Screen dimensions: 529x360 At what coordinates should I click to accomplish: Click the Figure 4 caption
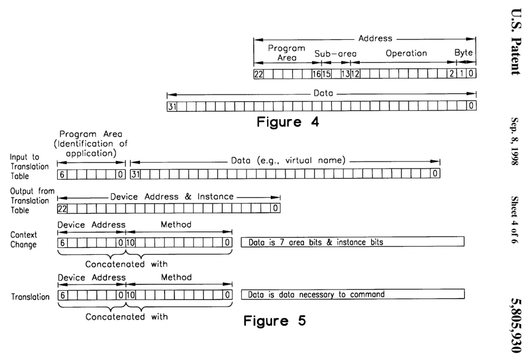[288, 122]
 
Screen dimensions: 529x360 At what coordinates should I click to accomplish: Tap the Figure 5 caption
[275, 320]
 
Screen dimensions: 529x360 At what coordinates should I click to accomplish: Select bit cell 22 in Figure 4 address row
[259, 74]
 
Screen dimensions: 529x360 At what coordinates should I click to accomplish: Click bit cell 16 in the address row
[316, 74]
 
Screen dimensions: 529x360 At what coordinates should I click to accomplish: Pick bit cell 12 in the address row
[355, 74]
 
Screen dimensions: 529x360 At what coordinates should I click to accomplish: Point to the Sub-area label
[335, 53]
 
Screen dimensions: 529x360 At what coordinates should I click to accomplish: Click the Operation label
[406, 53]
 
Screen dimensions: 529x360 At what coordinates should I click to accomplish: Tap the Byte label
[463, 52]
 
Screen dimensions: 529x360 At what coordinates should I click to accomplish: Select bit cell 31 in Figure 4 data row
[172, 107]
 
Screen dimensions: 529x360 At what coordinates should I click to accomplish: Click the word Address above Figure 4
[375, 38]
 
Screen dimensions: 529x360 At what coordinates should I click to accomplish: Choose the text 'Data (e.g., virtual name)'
[288, 160]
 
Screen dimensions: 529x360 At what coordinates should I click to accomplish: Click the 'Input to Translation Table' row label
[29, 166]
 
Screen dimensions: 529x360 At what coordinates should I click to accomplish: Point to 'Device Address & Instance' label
[172, 196]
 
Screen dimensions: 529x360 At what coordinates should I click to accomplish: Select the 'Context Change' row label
[23, 240]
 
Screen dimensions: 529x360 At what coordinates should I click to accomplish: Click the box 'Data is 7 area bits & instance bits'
[352, 242]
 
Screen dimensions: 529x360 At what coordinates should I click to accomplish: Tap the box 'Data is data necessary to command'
[352, 294]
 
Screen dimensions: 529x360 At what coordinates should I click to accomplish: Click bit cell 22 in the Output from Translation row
[62, 209]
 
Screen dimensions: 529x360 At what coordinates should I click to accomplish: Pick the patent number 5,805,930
[516, 326]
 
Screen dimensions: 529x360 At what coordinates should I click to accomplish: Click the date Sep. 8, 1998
[515, 141]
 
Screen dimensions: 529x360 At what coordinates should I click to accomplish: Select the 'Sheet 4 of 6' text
[515, 220]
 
